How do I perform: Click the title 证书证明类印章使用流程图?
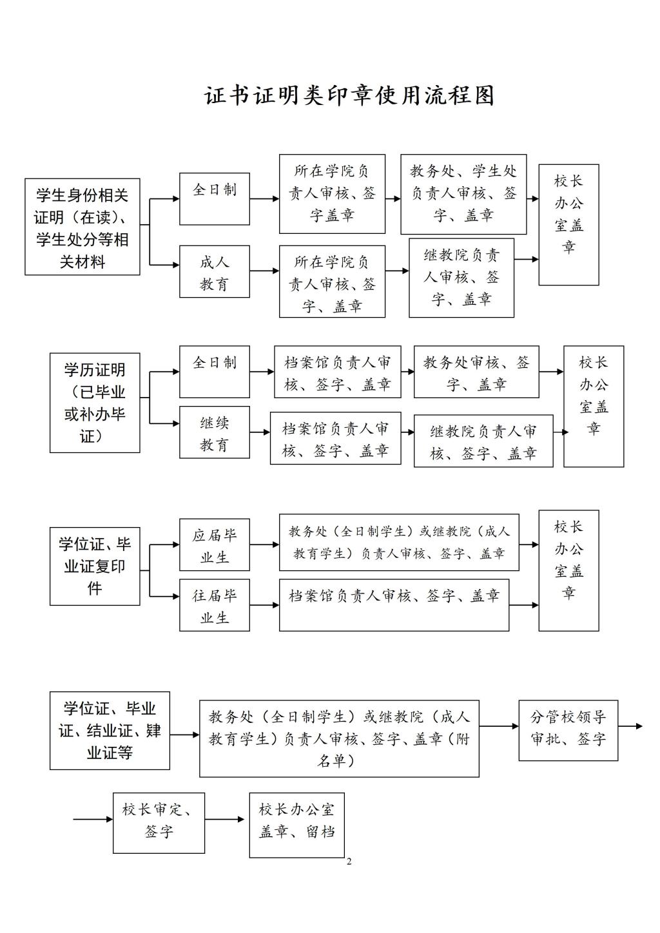pyautogui.click(x=349, y=95)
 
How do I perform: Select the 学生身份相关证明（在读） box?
pyautogui.click(x=82, y=227)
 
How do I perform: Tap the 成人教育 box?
pyautogui.click(x=215, y=271)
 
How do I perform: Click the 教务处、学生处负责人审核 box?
pyautogui.click(x=463, y=194)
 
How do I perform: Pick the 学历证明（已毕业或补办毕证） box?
pyautogui.click(x=95, y=403)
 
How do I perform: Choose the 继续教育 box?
pyautogui.click(x=215, y=432)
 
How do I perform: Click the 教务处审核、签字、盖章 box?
pyautogui.click(x=476, y=372)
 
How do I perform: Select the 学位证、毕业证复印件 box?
pyautogui.click(x=95, y=566)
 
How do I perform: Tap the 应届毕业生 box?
pyautogui.click(x=215, y=545)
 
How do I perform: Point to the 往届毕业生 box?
pyautogui.click(x=215, y=606)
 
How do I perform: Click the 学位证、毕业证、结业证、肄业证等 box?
pyautogui.click(x=110, y=731)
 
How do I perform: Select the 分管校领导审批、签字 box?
pyautogui.click(x=568, y=730)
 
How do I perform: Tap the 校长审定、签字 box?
pyautogui.click(x=159, y=823)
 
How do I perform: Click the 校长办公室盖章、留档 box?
pyautogui.click(x=296, y=825)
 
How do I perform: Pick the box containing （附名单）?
pyautogui.click(x=339, y=738)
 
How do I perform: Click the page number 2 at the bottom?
pyautogui.click(x=349, y=862)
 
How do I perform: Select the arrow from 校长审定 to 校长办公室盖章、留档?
pyautogui.click(x=226, y=820)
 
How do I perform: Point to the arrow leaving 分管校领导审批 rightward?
pyautogui.click(x=630, y=726)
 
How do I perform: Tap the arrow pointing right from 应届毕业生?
pyautogui.click(x=264, y=545)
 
